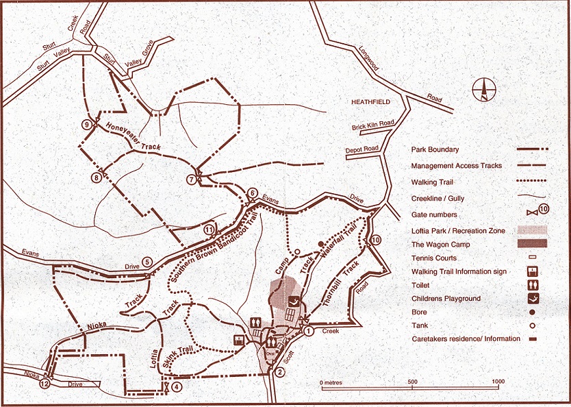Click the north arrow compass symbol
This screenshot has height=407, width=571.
tap(483, 90)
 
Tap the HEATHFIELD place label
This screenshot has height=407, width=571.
tap(370, 101)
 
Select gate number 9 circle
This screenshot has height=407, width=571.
tap(86, 125)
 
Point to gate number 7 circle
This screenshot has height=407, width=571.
tap(190, 180)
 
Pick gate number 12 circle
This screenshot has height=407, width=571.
tap(45, 384)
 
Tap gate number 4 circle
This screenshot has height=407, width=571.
tap(177, 386)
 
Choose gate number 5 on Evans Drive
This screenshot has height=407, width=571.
tap(147, 261)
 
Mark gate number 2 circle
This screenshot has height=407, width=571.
tap(279, 373)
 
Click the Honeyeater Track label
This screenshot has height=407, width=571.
tap(130, 136)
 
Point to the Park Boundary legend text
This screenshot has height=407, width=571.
tap(435, 149)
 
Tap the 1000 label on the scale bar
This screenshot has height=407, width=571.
tap(498, 382)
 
